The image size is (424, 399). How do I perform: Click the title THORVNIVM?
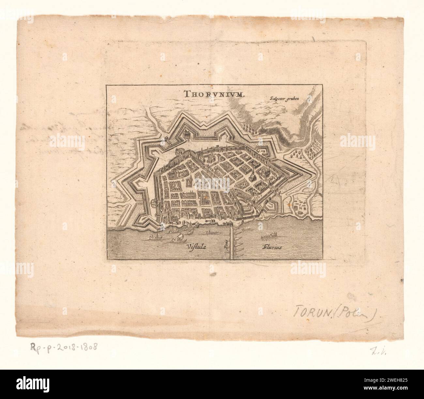click(x=211, y=95)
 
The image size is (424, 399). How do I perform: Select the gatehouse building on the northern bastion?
click(x=188, y=134)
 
